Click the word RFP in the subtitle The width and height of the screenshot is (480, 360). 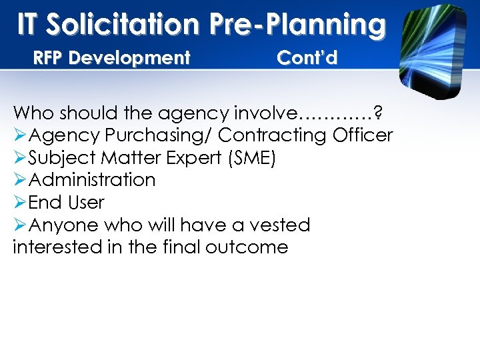coord(49,58)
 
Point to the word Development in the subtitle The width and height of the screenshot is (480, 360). coord(129,58)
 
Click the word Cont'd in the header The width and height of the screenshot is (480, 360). coord(307,58)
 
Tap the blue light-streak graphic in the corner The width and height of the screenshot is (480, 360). coord(433,47)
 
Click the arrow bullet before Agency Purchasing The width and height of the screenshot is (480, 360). coord(20,135)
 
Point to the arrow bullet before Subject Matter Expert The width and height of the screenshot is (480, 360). coord(20,158)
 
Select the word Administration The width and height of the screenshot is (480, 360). coord(93,180)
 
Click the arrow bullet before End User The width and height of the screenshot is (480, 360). coord(20,203)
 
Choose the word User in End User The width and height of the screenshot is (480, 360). coord(86,202)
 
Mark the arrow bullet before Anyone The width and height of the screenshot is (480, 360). coord(20,225)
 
